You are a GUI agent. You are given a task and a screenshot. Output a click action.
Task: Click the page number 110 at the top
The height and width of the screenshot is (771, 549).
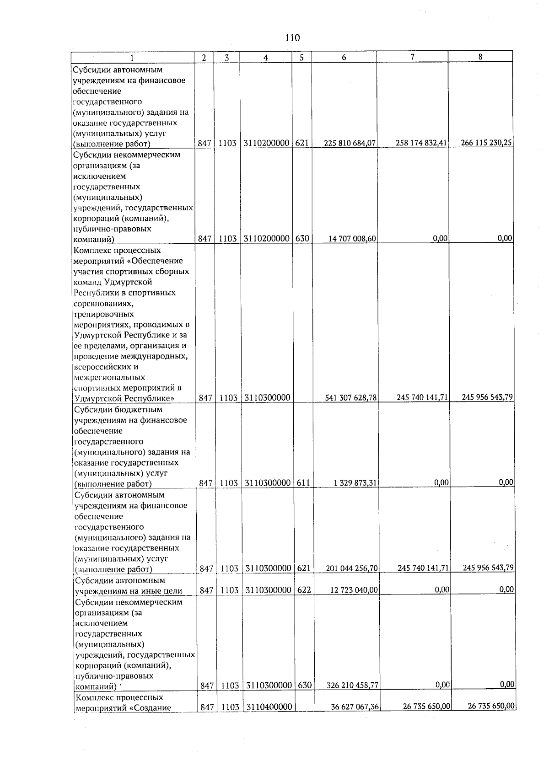(x=292, y=38)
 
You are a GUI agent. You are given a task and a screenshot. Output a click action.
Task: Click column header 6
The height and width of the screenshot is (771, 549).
(x=344, y=57)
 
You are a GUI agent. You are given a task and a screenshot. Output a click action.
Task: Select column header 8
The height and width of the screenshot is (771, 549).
(x=479, y=57)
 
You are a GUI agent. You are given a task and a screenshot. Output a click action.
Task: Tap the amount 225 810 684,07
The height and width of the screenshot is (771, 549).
(x=350, y=143)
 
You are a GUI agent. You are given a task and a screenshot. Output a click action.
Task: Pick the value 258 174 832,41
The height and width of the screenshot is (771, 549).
(x=421, y=143)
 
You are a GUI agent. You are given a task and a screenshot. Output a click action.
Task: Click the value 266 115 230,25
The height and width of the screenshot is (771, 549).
(x=486, y=143)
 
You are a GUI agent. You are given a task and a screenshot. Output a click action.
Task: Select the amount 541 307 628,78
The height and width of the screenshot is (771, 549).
(x=351, y=398)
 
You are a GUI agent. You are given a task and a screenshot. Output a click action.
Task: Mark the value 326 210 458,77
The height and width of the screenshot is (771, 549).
(x=352, y=685)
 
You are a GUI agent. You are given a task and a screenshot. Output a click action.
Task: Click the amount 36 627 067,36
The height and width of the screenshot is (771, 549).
(x=355, y=707)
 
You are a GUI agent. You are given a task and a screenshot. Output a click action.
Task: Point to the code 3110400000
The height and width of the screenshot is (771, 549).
(x=269, y=707)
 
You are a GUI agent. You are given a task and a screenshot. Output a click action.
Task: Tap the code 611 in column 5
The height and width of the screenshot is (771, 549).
(x=302, y=483)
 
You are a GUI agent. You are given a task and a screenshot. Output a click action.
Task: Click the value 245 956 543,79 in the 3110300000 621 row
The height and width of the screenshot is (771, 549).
(x=488, y=568)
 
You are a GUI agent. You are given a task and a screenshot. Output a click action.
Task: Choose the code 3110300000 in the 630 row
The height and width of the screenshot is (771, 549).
(x=269, y=685)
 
